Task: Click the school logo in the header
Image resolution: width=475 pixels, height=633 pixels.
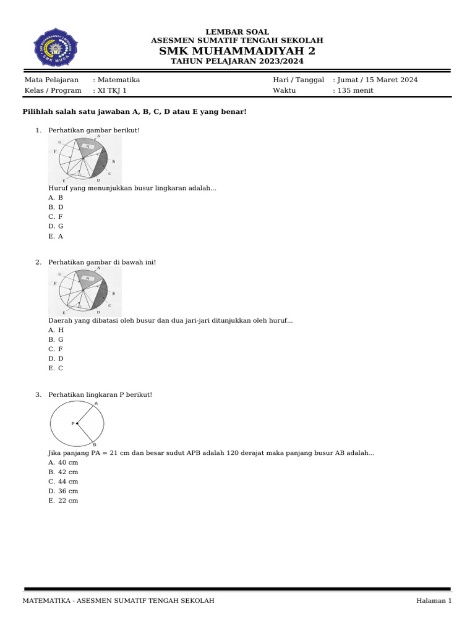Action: pos(55,47)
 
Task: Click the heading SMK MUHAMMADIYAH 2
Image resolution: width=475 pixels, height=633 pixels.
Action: pos(237,51)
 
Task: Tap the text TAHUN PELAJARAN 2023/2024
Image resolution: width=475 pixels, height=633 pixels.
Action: pos(237,61)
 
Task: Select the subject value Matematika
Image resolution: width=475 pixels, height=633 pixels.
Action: pos(118,80)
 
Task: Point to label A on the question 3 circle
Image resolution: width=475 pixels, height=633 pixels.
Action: pos(96,404)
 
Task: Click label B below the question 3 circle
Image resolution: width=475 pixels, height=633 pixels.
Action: pos(94,445)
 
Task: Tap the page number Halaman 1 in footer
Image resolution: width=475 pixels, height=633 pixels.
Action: pos(434,601)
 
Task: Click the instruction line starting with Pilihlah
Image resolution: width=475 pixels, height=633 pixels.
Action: pos(135,111)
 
